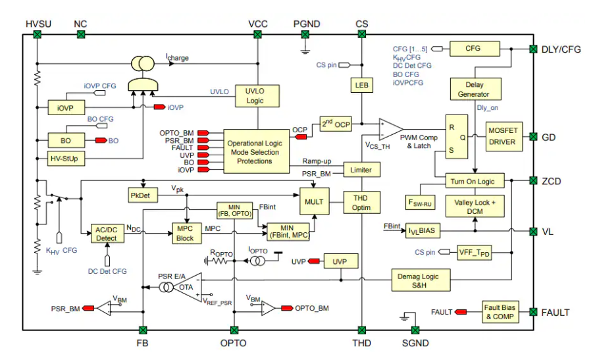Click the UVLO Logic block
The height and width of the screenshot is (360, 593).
coord(255,96)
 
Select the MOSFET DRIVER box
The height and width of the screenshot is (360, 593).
coord(502,136)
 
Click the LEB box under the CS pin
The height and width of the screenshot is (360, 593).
coord(361,86)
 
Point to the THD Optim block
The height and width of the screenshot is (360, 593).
coord(361,202)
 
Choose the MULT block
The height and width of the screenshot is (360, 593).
coord(314,201)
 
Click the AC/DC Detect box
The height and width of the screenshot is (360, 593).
coord(106,233)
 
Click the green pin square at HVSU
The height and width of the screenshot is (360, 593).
coord(37,36)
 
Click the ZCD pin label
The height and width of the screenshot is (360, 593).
coord(551,180)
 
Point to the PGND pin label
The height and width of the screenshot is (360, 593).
coord(306,24)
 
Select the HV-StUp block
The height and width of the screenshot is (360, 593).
coord(68,159)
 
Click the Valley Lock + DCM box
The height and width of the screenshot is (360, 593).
coord(475,206)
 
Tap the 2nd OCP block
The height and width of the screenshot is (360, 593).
coord(336,124)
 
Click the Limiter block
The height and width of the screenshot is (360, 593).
coord(361,170)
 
